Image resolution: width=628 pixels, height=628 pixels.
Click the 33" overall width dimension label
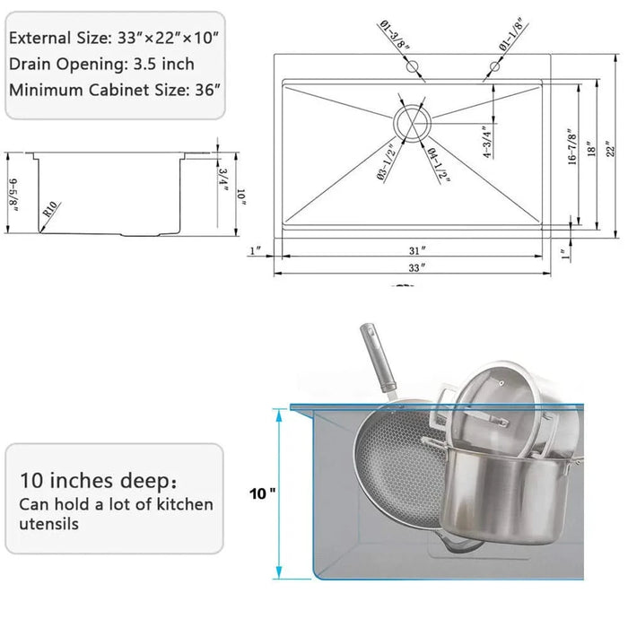click(414, 266)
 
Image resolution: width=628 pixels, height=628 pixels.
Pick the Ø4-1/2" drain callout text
click(439, 165)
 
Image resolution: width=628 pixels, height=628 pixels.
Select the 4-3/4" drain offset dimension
click(485, 140)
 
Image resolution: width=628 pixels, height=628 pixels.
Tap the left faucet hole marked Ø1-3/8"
click(412, 67)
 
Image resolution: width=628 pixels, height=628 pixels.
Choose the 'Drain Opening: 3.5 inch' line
click(101, 65)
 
